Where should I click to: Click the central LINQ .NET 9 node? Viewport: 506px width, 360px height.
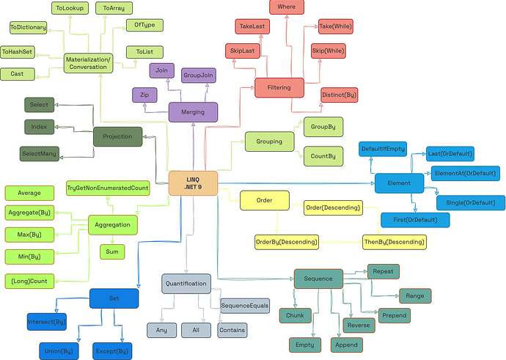coord(193,183)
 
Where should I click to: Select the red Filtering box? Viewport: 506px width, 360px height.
coord(279,87)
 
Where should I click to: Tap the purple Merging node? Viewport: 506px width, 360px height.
coord(193,112)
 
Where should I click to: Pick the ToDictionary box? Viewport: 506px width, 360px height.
coord(28,27)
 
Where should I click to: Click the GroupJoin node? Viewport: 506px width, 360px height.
coord(198,76)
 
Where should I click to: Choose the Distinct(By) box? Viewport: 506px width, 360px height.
coord(339,95)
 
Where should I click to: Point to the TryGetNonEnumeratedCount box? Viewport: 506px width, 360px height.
coord(108,188)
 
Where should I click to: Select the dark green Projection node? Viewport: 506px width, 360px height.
coord(117,136)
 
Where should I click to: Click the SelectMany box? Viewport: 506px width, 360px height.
coord(40,153)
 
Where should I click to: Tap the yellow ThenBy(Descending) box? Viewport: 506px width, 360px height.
coord(394,242)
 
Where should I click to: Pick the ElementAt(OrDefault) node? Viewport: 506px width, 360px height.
coord(465,173)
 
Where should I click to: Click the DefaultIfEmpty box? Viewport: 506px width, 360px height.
coord(383,149)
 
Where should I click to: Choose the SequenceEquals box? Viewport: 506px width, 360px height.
coord(245,306)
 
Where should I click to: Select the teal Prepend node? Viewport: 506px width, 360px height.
coord(394,315)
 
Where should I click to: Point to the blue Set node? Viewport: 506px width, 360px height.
coord(114,298)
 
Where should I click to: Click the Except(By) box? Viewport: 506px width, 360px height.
coord(112,351)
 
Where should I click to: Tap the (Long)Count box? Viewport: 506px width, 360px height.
coord(29,281)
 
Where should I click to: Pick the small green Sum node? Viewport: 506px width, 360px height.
coord(112,251)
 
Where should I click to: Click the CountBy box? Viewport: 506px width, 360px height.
coord(323,156)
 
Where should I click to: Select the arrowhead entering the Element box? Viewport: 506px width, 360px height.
coord(373,183)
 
